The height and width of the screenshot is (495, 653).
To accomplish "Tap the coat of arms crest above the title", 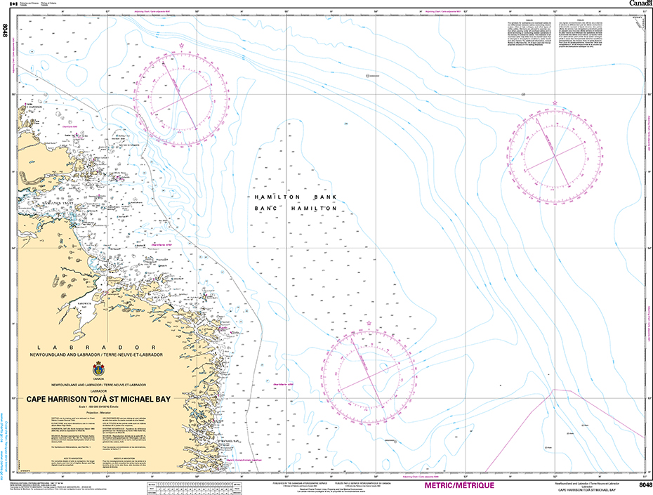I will click(96, 371).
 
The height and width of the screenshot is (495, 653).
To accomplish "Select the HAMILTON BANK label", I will click(296, 198).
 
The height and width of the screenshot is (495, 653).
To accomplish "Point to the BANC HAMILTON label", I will click(296, 209).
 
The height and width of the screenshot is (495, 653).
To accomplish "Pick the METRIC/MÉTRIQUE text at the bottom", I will click(459, 485).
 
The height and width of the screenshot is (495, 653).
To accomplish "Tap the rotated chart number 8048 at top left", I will click(6, 31).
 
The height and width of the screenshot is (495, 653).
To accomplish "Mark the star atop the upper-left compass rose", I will click(182, 46).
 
